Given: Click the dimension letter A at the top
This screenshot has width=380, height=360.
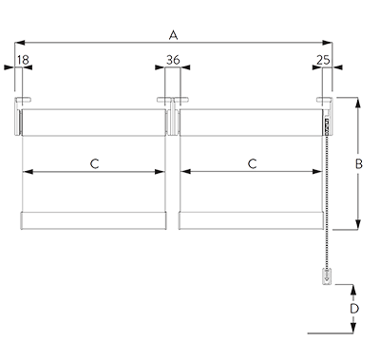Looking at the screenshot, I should (172, 36).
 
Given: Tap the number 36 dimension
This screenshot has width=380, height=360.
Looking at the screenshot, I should (172, 61).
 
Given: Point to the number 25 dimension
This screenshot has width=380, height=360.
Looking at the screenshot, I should (325, 61).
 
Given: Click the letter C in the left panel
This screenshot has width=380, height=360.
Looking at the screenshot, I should (95, 164).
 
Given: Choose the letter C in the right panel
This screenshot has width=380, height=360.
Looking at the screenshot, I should (252, 164).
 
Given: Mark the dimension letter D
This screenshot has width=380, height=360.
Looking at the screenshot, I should (354, 310).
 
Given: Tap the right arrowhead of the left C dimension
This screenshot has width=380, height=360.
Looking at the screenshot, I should (161, 171).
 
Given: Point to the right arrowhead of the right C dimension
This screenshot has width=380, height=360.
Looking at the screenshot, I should (316, 171).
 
